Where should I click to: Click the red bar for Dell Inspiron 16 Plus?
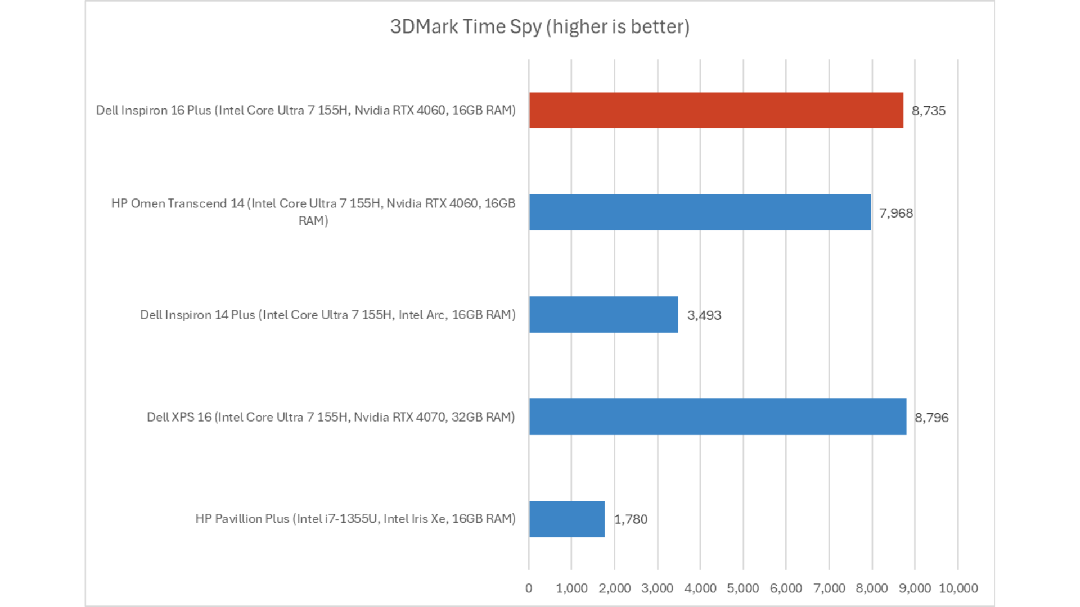715,110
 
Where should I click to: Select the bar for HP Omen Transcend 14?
699,212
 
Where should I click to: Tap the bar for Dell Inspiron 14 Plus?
603,315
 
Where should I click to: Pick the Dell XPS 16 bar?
717,417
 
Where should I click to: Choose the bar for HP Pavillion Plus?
566,519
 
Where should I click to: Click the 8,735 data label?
928,111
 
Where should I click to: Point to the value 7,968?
895,213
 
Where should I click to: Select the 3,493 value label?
704,315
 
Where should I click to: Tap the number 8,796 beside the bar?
931,418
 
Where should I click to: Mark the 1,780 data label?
631,519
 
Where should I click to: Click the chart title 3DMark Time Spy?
539,27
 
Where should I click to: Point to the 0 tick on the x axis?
529,588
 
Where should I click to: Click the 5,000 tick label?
742,588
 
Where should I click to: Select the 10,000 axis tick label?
958,588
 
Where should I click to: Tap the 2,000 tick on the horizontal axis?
614,588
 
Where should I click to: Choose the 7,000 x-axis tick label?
829,588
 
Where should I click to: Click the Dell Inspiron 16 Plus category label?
305,110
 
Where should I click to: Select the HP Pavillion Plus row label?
355,519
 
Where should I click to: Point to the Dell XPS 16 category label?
331,417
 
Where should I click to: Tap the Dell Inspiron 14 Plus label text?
327,315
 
